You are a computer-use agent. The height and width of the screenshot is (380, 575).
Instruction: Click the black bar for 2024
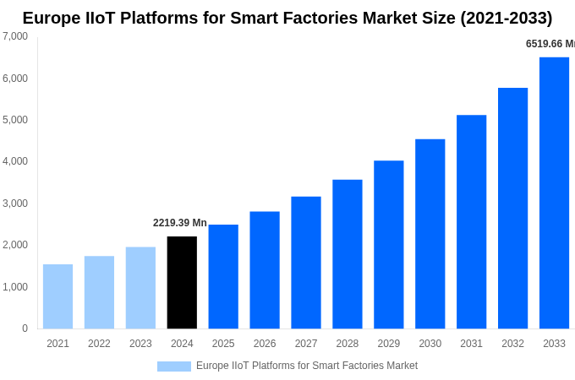coord(182,282)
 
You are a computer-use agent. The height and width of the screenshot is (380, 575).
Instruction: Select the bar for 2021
coord(57,296)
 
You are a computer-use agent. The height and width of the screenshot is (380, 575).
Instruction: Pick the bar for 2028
coord(347,254)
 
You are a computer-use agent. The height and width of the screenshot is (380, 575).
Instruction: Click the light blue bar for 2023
coord(140,288)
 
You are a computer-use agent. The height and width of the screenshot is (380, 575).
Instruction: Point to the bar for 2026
coord(265,270)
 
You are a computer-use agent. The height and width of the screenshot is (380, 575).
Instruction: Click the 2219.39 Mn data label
coord(179,223)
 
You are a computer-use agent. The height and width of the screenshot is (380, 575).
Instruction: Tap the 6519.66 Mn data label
coord(550,44)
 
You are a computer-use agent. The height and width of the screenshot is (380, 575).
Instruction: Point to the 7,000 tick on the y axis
coord(15,36)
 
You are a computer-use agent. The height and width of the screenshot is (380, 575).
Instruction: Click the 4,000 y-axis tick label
coord(15,161)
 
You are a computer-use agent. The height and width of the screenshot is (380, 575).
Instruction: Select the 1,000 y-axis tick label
coord(15,287)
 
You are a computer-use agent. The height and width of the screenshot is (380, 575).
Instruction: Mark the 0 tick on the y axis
coord(25,328)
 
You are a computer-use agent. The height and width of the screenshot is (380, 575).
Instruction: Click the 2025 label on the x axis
coord(223,344)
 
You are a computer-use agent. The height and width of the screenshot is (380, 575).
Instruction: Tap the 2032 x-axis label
coord(512,344)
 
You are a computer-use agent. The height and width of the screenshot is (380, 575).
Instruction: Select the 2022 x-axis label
coord(99,344)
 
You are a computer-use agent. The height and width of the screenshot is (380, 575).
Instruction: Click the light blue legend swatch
coord(173,366)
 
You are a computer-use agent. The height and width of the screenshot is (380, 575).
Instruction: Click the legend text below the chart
coord(307,366)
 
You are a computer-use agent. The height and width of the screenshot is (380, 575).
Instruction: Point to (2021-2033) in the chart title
coord(506,18)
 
